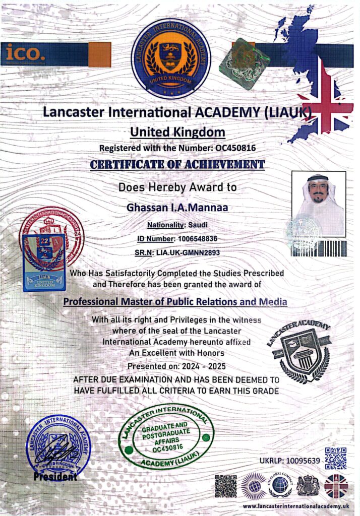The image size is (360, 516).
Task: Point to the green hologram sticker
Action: point(244,63)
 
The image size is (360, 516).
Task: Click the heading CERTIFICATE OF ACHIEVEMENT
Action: point(177,164)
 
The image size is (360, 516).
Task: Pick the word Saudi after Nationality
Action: point(197,225)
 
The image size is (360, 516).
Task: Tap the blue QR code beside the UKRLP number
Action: point(335,458)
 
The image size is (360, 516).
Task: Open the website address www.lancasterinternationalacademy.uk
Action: point(296,505)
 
